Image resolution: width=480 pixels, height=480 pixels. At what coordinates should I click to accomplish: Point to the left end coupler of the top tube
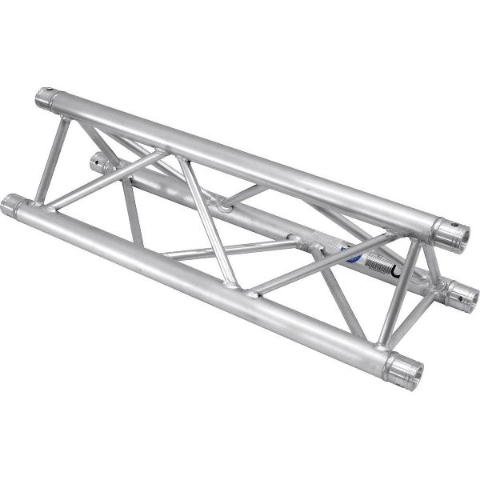(46, 100)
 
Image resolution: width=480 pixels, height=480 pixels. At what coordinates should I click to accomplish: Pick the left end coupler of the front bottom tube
(12, 205)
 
